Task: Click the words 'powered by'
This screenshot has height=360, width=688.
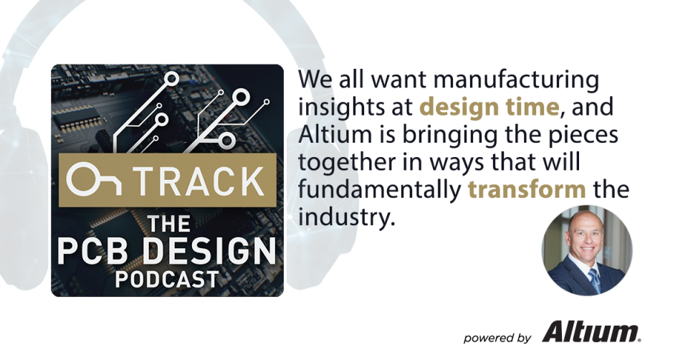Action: coord(497,337)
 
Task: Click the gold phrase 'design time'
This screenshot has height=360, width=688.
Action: coord(489,107)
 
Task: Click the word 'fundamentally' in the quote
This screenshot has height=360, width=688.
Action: coord(379,191)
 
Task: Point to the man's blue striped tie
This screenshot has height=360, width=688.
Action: coord(594,282)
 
